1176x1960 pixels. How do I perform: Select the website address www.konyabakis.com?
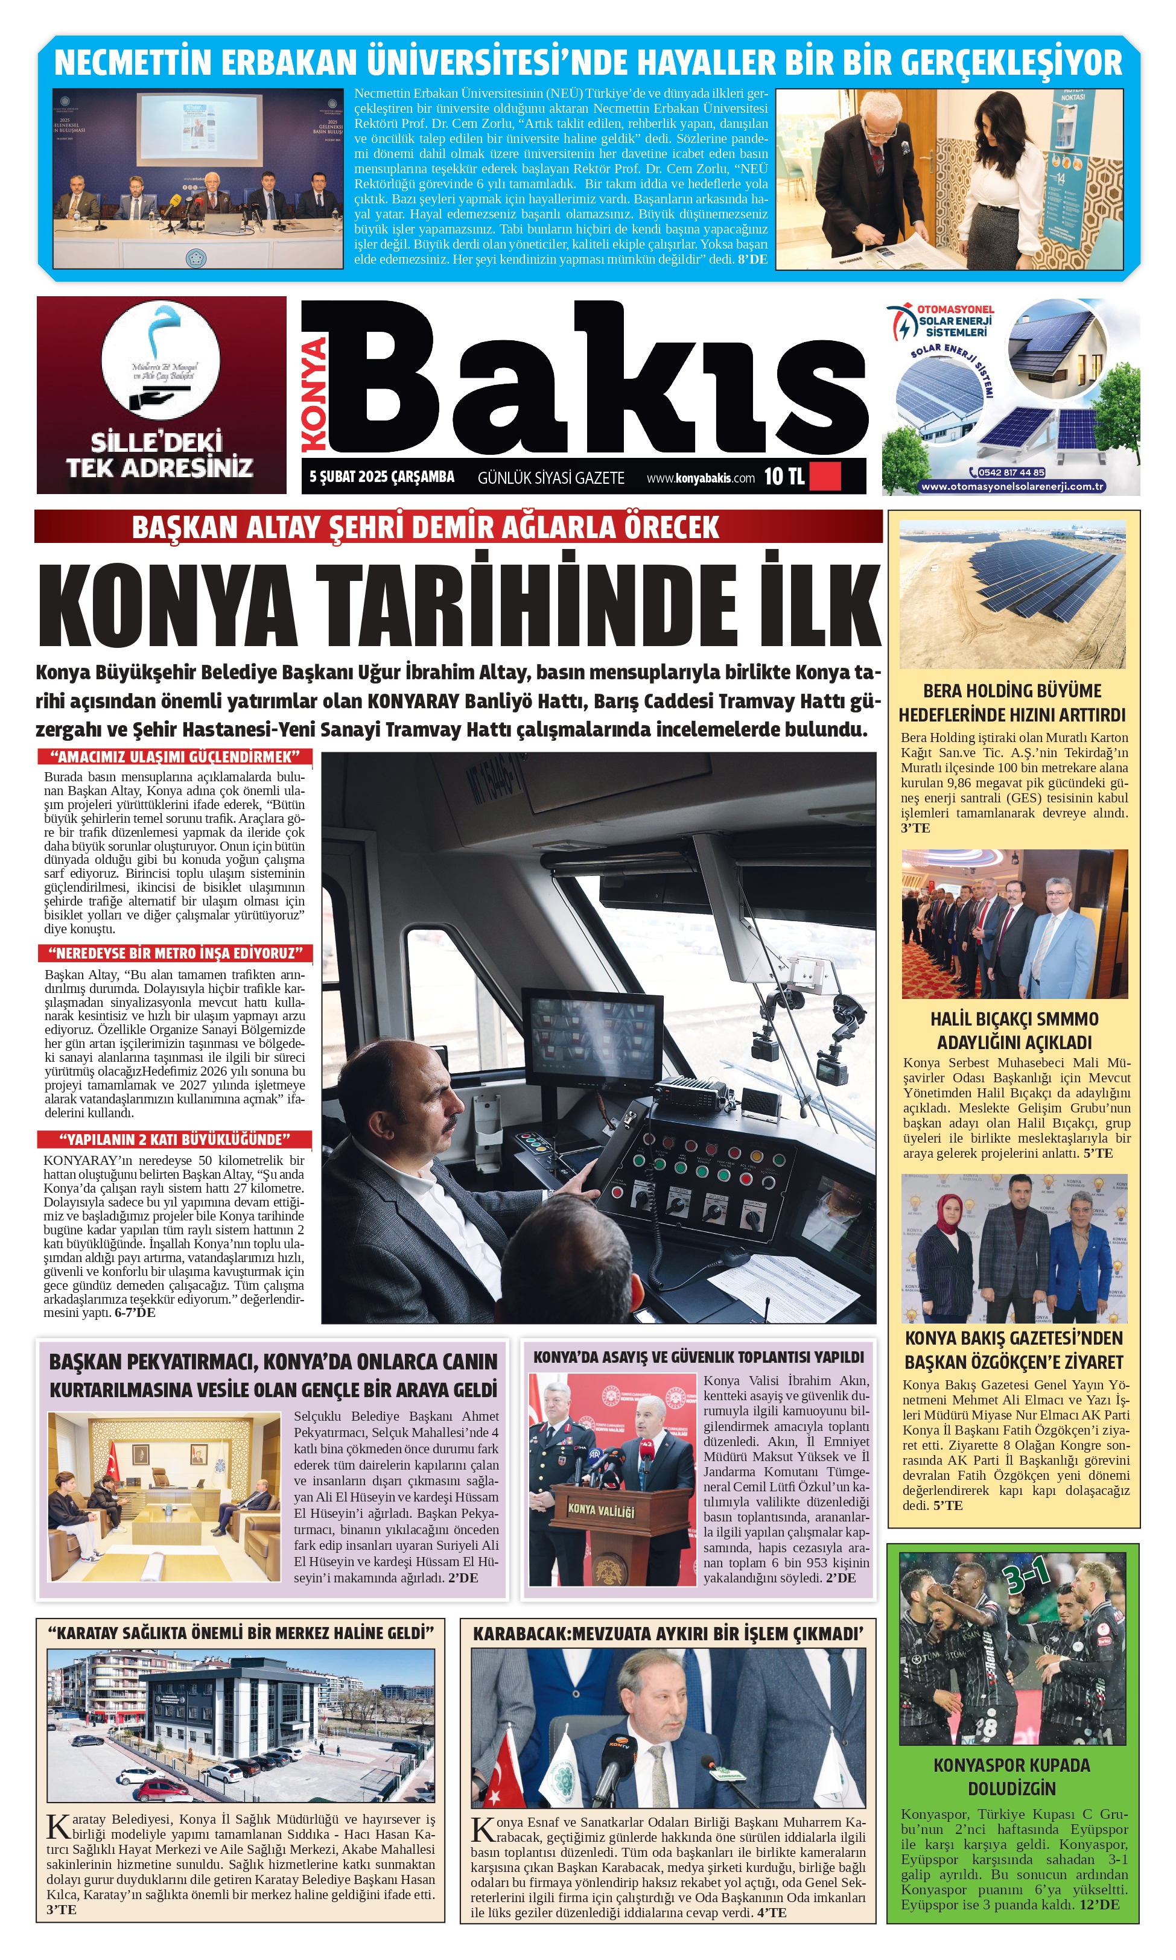pyautogui.click(x=701, y=478)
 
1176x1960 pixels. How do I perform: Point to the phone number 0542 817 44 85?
pyautogui.click(x=1011, y=472)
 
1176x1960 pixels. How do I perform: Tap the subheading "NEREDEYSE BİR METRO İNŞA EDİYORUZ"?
pyautogui.click(x=175, y=953)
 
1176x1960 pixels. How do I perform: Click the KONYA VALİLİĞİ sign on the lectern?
pyautogui.click(x=601, y=1511)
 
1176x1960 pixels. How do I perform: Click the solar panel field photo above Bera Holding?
pyautogui.click(x=1012, y=592)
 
